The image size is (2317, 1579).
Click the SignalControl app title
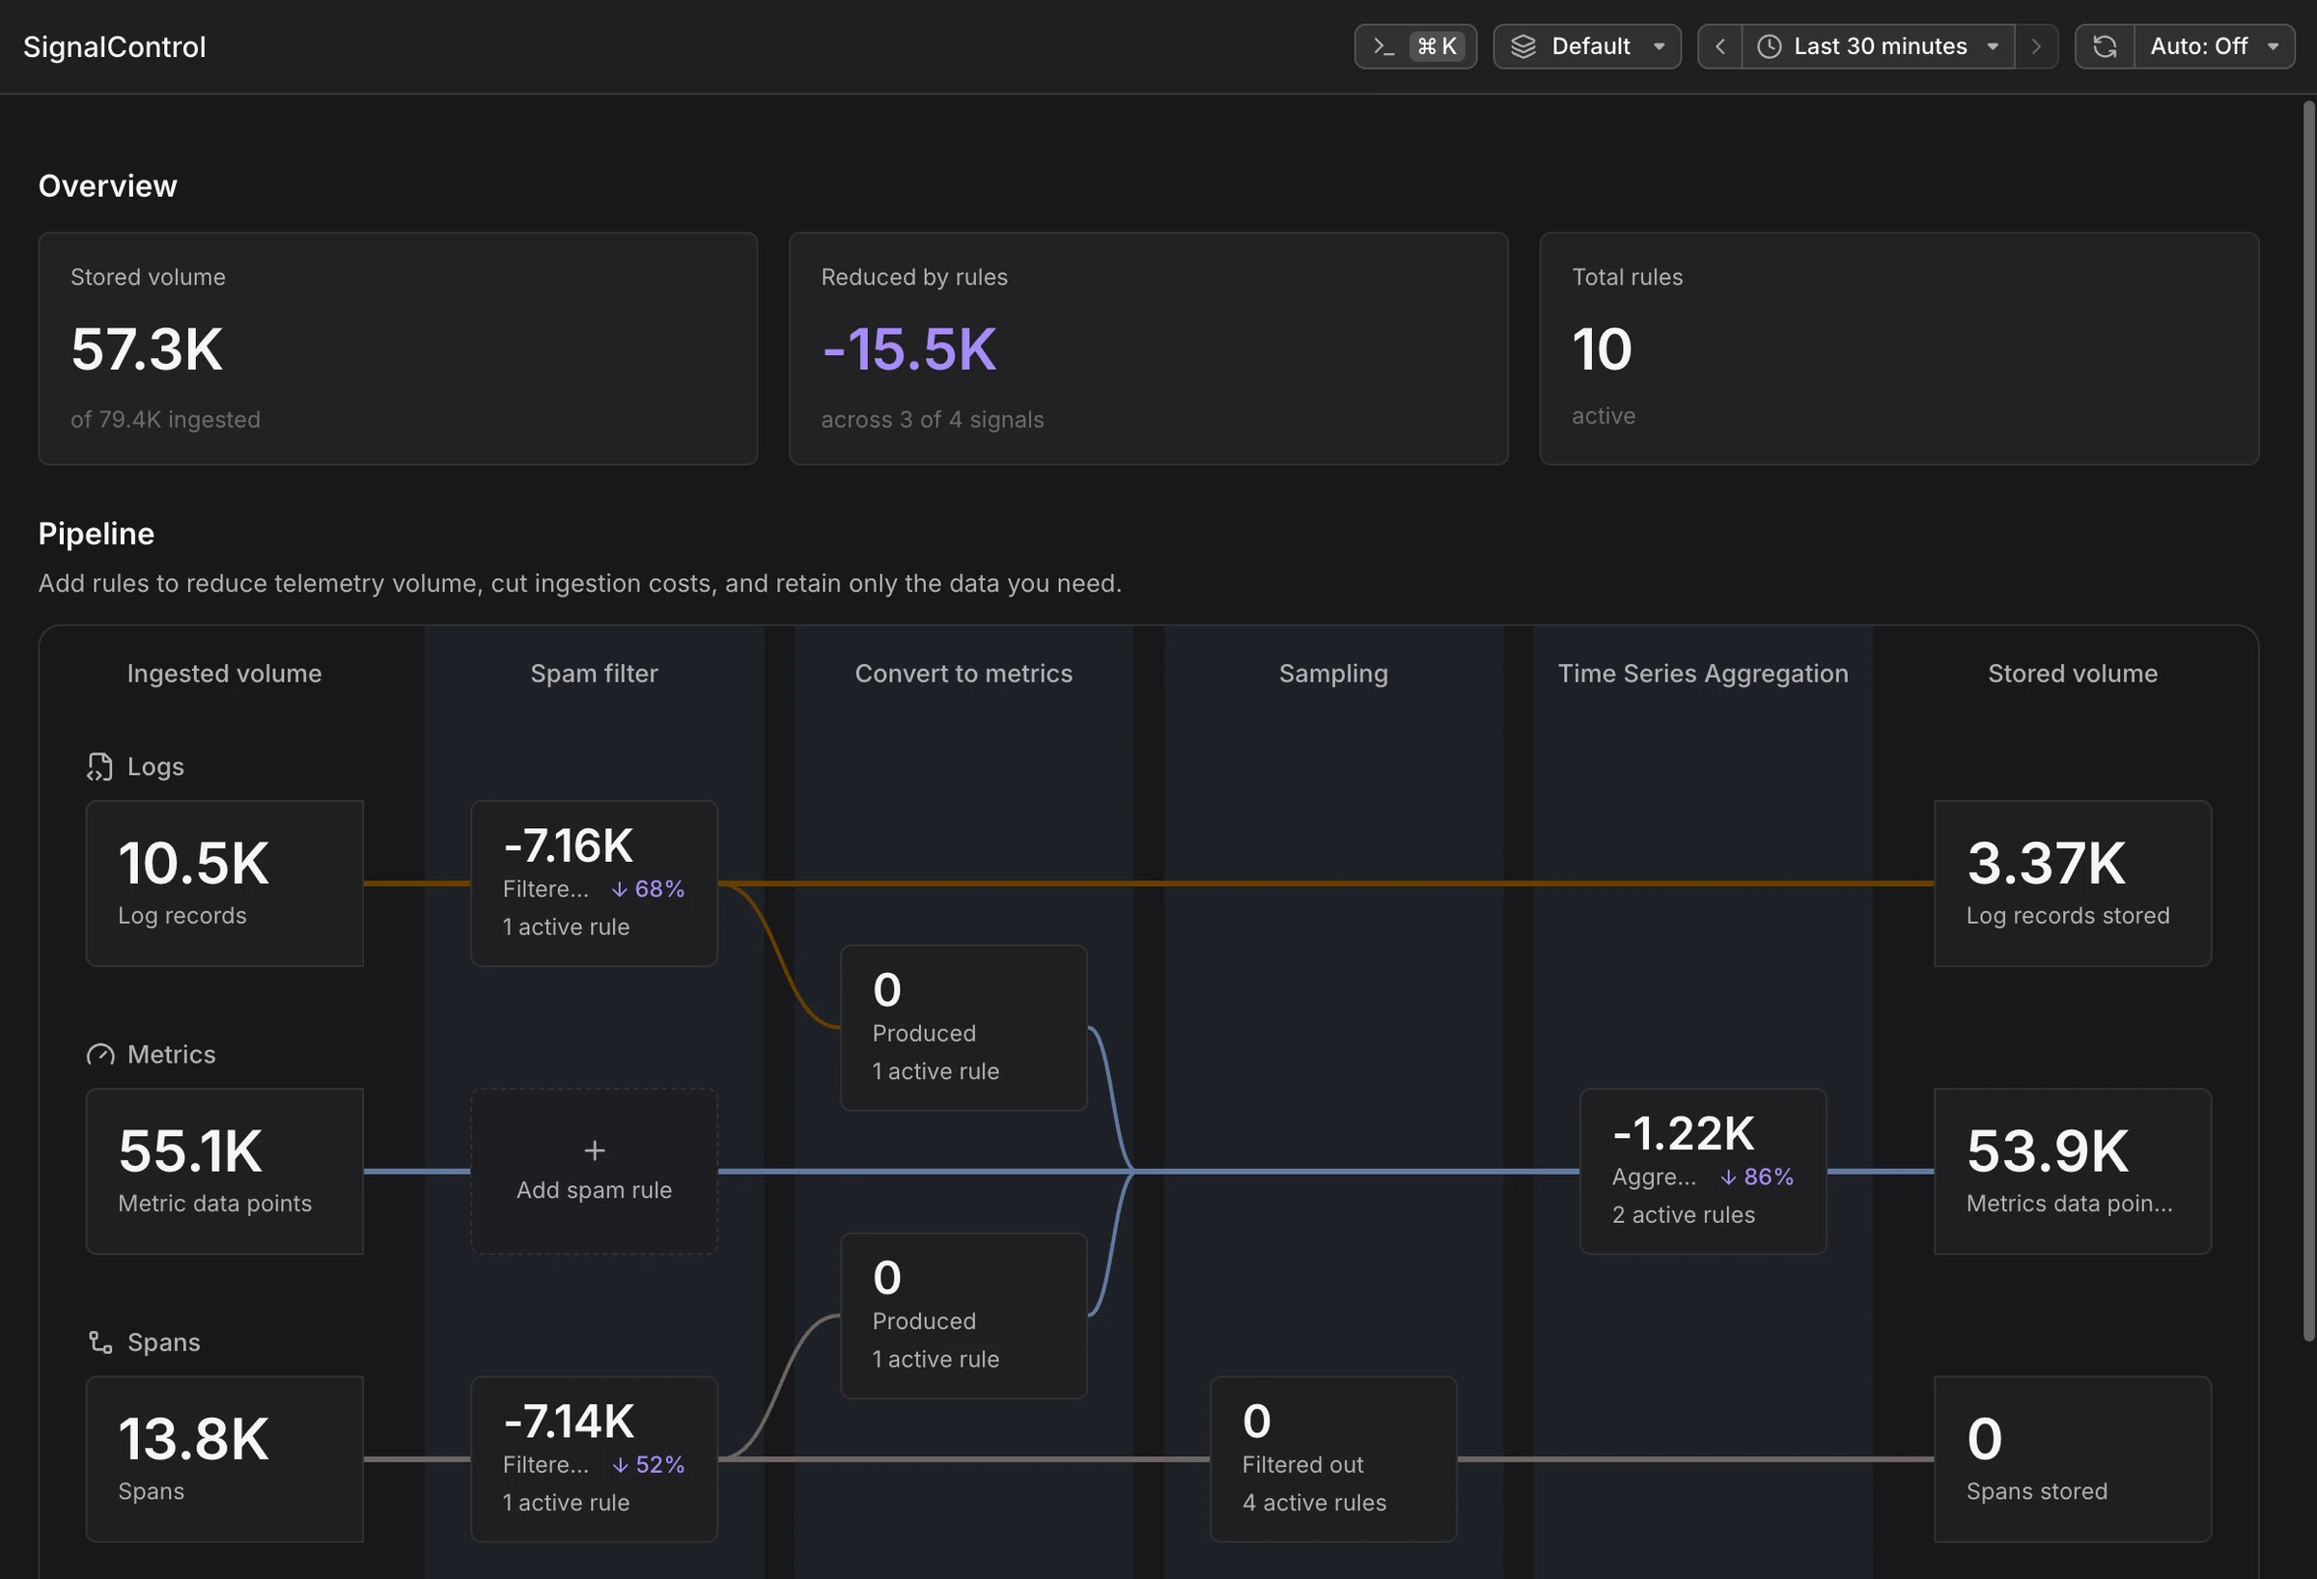[x=115, y=47]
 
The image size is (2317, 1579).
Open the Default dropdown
[x=1587, y=47]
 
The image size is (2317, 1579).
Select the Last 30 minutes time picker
[x=1879, y=47]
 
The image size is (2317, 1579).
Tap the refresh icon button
[x=2105, y=47]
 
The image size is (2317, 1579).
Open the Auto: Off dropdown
[x=2215, y=47]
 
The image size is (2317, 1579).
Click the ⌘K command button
[x=1415, y=47]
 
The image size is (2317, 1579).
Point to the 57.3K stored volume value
[x=147, y=348]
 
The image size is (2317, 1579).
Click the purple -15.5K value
[x=909, y=348]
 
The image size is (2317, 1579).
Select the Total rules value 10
[x=1603, y=348]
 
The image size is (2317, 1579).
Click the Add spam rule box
[x=594, y=1172]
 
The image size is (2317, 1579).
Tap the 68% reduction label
[x=648, y=889]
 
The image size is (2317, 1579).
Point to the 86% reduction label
[x=1757, y=1177]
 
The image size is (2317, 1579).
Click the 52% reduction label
[x=648, y=1465]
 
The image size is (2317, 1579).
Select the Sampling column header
[x=1333, y=674]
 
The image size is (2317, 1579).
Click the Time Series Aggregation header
[x=1703, y=674]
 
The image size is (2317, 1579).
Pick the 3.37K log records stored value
[x=2046, y=863]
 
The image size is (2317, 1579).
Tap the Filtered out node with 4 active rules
[x=1333, y=1459]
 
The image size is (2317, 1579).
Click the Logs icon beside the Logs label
[x=99, y=766]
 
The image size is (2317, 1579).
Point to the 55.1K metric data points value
[x=190, y=1151]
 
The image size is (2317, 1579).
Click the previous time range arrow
[x=1719, y=47]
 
